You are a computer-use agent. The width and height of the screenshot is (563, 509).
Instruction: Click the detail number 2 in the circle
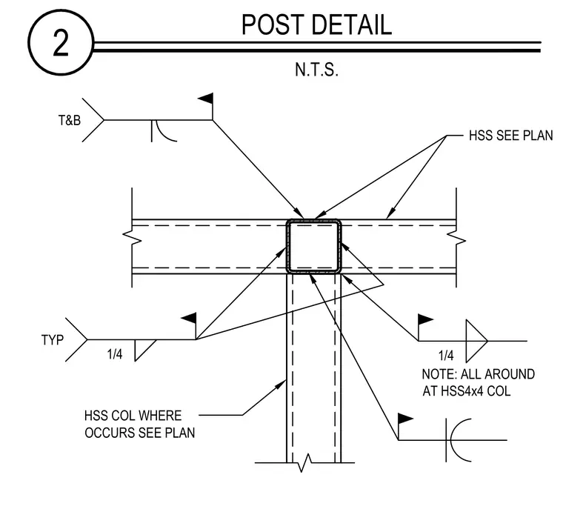tap(61, 43)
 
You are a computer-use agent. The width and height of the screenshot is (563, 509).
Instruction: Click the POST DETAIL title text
tap(316, 24)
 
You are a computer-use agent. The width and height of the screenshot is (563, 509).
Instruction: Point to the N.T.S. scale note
tap(316, 70)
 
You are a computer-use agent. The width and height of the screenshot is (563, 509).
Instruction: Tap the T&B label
tap(70, 120)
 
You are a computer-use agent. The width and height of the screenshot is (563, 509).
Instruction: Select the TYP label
tap(53, 340)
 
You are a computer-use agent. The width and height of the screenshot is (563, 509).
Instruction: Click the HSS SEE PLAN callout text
tap(510, 136)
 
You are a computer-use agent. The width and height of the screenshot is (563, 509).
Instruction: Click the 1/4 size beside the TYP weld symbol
tap(115, 354)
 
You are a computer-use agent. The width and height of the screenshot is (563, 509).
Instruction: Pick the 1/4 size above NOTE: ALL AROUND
tap(446, 356)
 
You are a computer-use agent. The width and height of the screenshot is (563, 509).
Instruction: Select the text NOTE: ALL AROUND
tap(479, 374)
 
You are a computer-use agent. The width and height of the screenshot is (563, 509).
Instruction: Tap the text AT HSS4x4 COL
tap(466, 391)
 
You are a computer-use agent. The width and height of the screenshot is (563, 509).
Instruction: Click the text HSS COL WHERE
tap(133, 416)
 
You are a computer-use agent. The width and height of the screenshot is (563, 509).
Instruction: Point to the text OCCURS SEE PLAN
tap(140, 433)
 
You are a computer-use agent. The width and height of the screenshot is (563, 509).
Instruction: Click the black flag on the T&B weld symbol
tap(206, 99)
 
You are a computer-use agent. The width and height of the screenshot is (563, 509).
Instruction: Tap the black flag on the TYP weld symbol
tap(189, 318)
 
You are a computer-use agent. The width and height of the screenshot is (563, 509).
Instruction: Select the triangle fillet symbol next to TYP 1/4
tap(144, 350)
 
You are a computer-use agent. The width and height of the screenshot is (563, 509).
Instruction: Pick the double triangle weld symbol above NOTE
tap(476, 341)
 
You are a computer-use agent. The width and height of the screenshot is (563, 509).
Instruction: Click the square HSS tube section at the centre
tap(313, 247)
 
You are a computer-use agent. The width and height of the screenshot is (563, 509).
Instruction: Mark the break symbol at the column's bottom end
tap(304, 463)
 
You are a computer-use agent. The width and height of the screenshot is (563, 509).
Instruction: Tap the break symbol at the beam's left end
tap(132, 237)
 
